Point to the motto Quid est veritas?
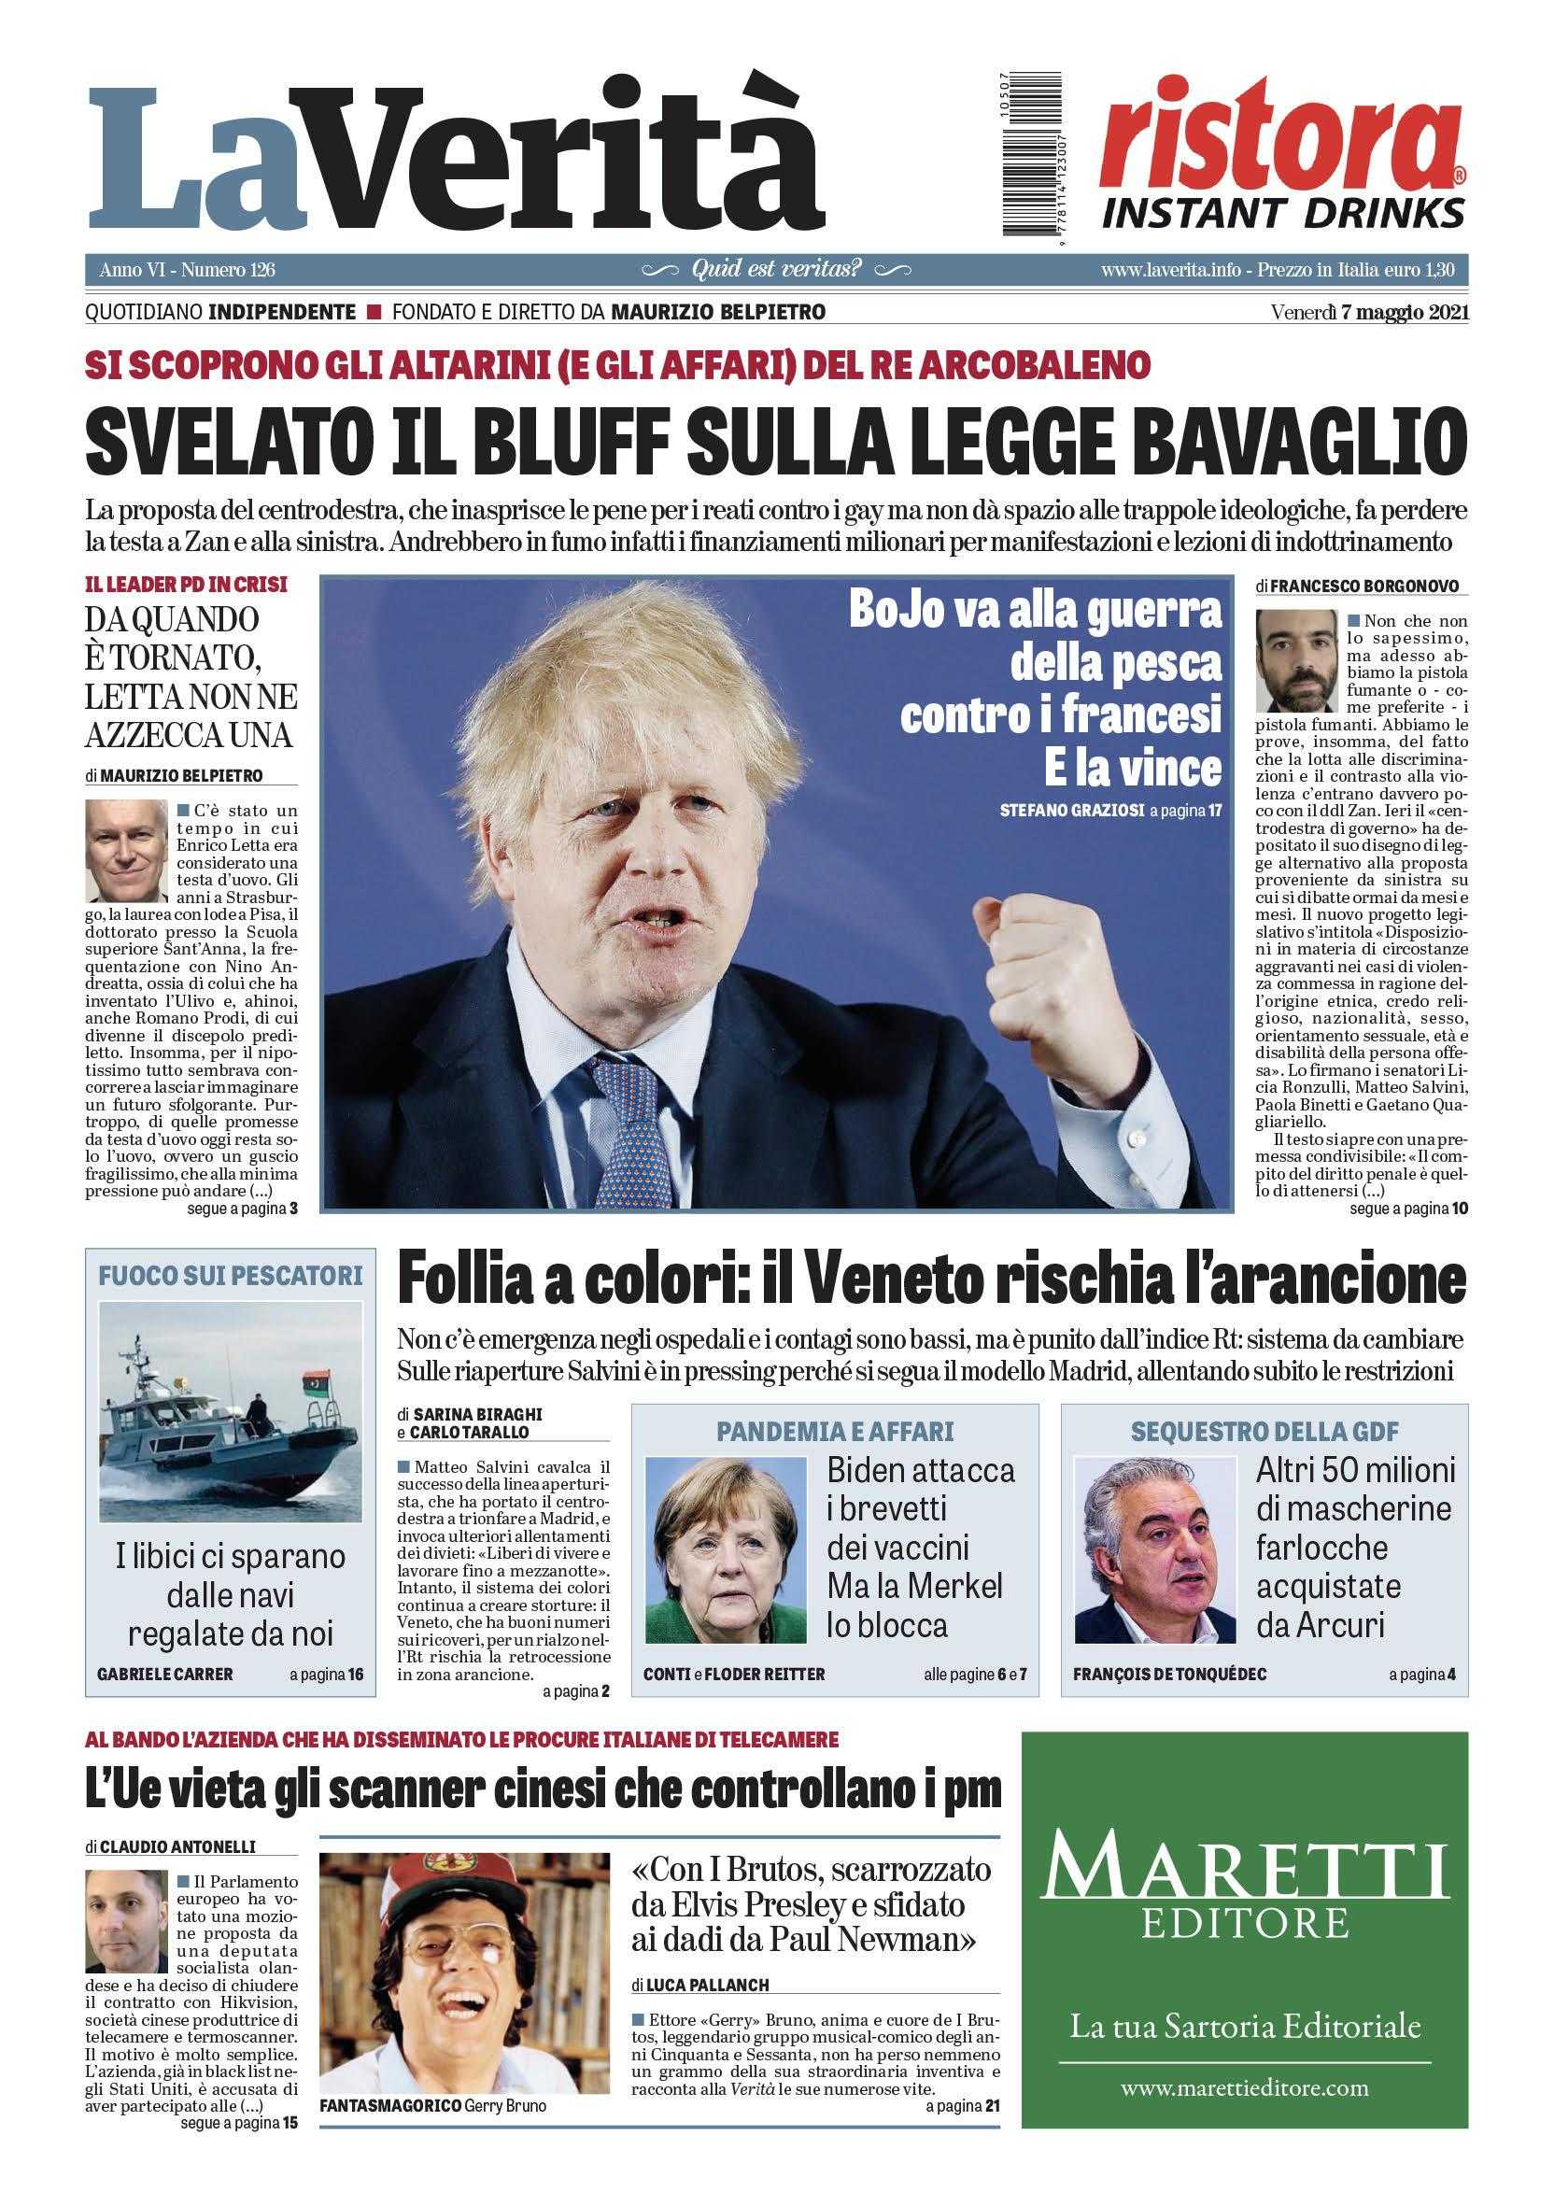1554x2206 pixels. [x=776, y=271]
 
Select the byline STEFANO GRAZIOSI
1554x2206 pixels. [x=1072, y=811]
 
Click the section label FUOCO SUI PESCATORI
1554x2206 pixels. [x=231, y=1275]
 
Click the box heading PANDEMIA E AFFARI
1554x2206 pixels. [x=835, y=1432]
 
